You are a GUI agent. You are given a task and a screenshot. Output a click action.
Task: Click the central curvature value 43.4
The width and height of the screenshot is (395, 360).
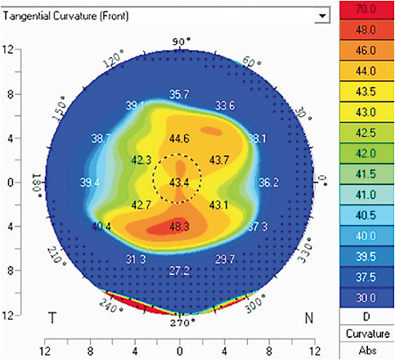click(180, 181)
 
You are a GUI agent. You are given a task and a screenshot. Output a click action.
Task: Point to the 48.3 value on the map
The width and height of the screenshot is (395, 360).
click(180, 225)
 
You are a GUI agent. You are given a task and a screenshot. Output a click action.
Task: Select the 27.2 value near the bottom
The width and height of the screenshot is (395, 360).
click(179, 270)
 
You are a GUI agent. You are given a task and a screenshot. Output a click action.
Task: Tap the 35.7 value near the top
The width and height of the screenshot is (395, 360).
click(179, 95)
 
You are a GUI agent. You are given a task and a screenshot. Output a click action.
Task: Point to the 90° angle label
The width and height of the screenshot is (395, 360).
click(180, 41)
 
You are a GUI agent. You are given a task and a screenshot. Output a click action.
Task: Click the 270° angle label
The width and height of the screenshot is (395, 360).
click(180, 322)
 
